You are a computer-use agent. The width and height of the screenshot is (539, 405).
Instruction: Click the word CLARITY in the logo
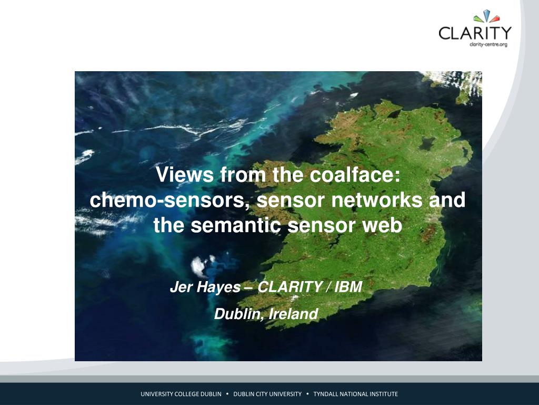click(x=475, y=33)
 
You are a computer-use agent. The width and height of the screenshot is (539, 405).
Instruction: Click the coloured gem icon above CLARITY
click(x=486, y=16)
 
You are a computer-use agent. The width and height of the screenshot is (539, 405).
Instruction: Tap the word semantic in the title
click(x=236, y=226)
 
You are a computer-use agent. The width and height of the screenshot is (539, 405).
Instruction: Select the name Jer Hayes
click(x=205, y=287)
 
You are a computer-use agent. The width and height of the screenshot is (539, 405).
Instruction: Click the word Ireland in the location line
click(x=293, y=314)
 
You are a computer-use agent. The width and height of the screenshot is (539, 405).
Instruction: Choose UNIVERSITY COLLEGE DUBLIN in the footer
click(x=181, y=394)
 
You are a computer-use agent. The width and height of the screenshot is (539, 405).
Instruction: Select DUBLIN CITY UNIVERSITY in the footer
click(x=267, y=394)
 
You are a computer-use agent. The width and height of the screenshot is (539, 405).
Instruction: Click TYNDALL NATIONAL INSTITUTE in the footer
click(x=355, y=394)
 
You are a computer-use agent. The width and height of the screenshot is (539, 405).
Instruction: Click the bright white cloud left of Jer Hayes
click(x=199, y=266)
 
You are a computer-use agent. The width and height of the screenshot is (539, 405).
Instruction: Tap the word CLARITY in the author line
click(x=290, y=286)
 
